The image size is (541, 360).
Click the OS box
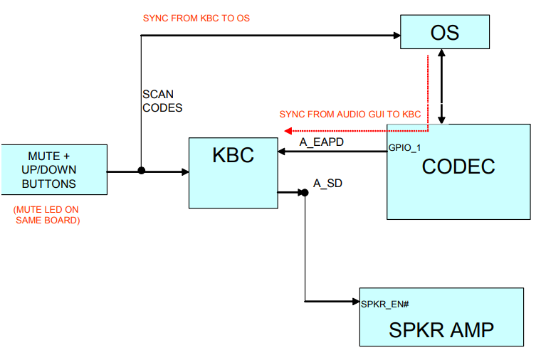(x=445, y=33)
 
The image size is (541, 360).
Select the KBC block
(x=233, y=173)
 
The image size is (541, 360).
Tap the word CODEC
(x=458, y=166)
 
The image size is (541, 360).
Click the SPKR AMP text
(x=441, y=329)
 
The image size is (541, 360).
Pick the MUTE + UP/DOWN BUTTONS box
(x=53, y=170)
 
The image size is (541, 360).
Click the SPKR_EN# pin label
(x=384, y=304)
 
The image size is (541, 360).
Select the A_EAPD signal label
(x=321, y=142)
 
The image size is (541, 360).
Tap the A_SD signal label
(x=327, y=184)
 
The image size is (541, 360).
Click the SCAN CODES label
(x=162, y=101)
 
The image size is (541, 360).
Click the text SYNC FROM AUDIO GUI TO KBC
(x=350, y=114)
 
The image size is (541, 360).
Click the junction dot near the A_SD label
(x=305, y=191)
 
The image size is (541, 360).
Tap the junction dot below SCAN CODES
(x=142, y=171)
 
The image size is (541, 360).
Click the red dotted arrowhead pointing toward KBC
(x=288, y=131)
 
